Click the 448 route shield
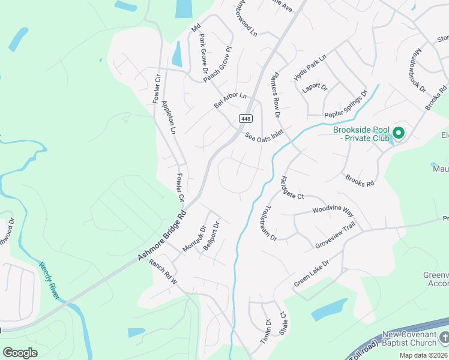click(x=246, y=119)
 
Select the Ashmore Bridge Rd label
click(x=163, y=235)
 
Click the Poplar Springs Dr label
click(x=345, y=105)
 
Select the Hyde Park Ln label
click(x=310, y=68)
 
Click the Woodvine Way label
click(x=333, y=210)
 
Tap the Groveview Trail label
click(x=336, y=237)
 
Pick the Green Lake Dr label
click(x=312, y=273)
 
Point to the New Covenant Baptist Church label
click(x=412, y=338)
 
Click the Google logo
click(x=20, y=352)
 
